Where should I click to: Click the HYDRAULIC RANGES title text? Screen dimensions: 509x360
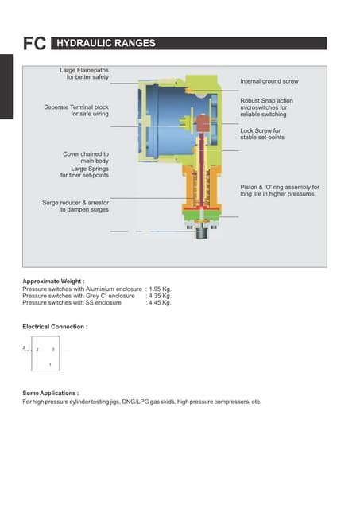point(106,44)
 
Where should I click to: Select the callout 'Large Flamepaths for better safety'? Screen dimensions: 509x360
point(84,74)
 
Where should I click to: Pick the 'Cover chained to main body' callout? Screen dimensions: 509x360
point(86,157)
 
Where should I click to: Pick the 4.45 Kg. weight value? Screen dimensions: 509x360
point(160,303)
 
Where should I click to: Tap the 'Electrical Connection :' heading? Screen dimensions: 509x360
point(55,327)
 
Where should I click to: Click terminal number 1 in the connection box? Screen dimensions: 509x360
point(50,364)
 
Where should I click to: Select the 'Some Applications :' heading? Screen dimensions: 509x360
point(51,394)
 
